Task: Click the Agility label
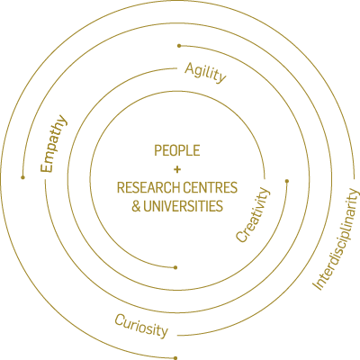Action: click(205, 73)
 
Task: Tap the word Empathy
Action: click(54, 144)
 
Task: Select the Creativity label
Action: click(253, 215)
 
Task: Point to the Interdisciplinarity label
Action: click(336, 239)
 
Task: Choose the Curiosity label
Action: click(141, 326)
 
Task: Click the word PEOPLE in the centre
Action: click(177, 150)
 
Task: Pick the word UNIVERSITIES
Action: click(183, 206)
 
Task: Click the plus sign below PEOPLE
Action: click(177, 170)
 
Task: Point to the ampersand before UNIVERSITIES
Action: click(136, 206)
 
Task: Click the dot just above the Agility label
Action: click(179, 46)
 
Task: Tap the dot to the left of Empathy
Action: click(22, 177)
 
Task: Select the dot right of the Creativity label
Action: click(287, 181)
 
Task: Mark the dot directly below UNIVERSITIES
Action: click(175, 267)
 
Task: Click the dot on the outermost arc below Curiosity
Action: click(175, 358)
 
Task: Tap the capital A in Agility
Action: click(190, 68)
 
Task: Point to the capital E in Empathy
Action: click(47, 167)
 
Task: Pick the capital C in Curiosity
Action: click(120, 320)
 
